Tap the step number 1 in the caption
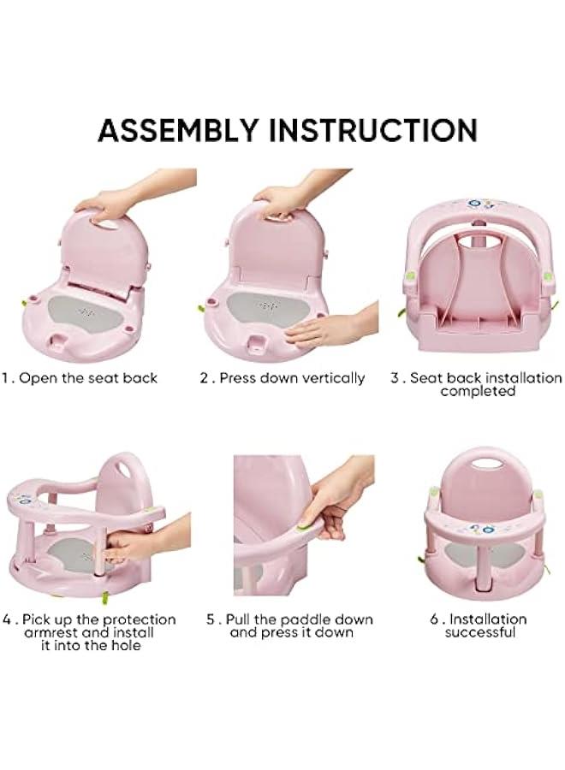[4, 377]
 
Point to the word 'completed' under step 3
[478, 391]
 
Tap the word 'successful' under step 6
[478, 632]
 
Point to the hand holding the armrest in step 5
[338, 505]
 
